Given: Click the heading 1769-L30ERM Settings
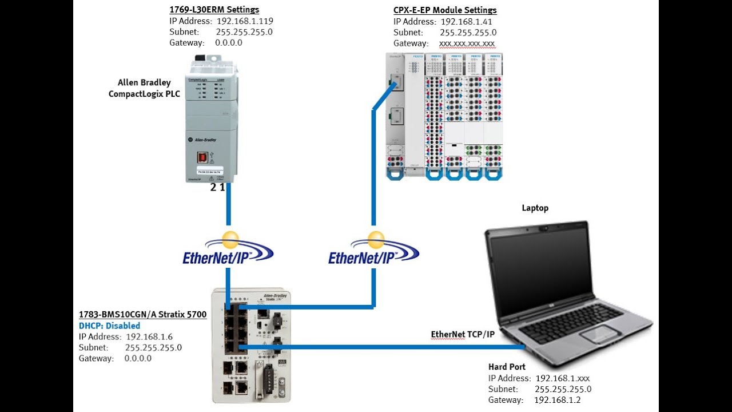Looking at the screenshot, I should click(x=214, y=10).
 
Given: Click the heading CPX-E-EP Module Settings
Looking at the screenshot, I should click(x=445, y=10).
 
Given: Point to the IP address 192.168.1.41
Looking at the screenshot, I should click(x=466, y=22).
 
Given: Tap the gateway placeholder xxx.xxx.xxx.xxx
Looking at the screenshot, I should click(x=467, y=43).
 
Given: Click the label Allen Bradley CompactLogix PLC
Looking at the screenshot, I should click(x=144, y=88).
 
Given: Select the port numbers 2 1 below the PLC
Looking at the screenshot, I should click(x=217, y=187).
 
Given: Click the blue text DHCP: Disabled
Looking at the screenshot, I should click(x=109, y=326).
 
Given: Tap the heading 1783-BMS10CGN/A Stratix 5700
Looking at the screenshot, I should click(x=142, y=315).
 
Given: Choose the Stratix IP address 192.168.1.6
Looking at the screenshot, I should click(x=149, y=336).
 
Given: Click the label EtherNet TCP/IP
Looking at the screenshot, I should click(x=462, y=334).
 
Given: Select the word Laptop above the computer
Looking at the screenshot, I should click(x=535, y=208).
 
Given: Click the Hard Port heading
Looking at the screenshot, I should click(x=507, y=367).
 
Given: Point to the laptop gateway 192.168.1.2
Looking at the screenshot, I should click(x=558, y=400).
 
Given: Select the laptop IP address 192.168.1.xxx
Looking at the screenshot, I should click(x=562, y=378).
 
